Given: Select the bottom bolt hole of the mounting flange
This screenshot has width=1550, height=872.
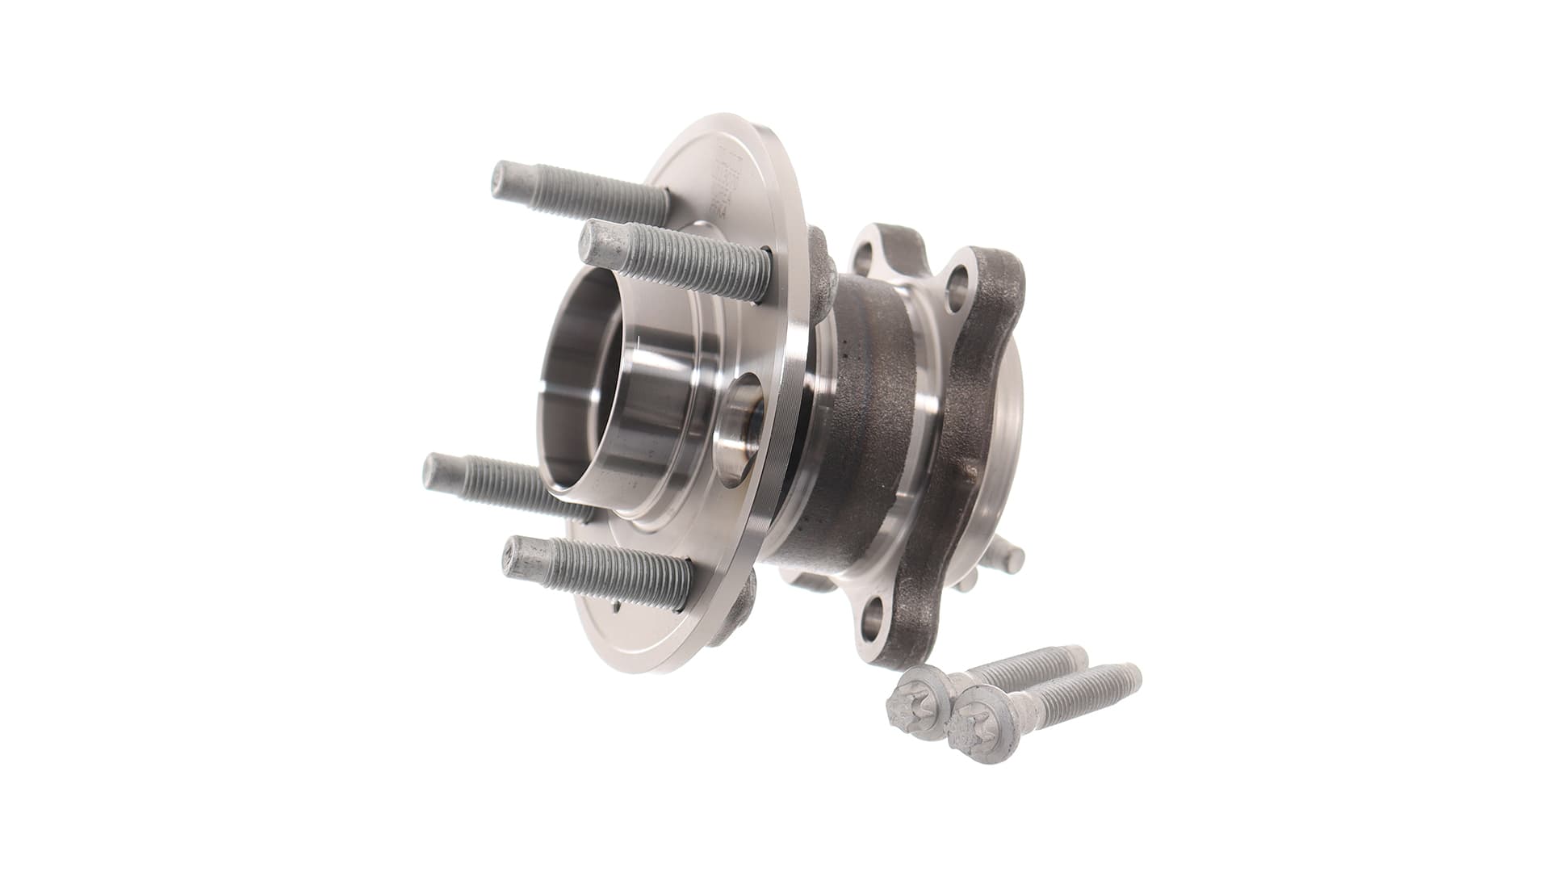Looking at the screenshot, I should coord(875,622).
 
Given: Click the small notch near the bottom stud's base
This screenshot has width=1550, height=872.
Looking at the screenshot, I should coord(615,604).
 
